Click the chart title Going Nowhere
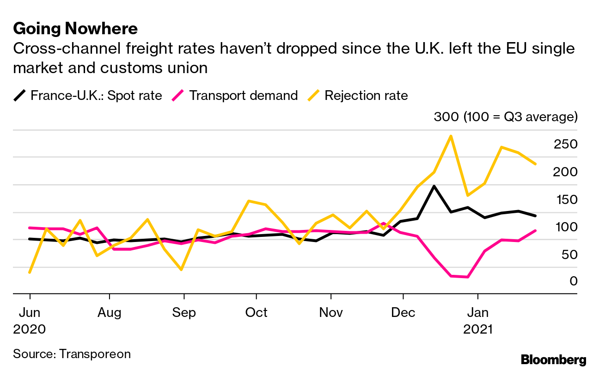[x=75, y=29]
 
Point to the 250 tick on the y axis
[x=566, y=144]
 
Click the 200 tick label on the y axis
[x=566, y=172]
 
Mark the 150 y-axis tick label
[x=566, y=199]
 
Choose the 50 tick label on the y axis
[x=568, y=255]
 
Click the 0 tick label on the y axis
[x=573, y=281]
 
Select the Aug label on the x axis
[x=110, y=313]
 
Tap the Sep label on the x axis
[x=184, y=313]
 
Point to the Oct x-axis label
[x=256, y=313]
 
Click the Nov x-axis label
[x=331, y=313]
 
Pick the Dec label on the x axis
[x=403, y=313]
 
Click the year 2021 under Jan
[x=478, y=329]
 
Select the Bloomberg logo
[x=553, y=360]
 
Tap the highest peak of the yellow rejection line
[x=450, y=136]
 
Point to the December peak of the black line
[x=434, y=186]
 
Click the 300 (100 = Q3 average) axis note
[x=506, y=117]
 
